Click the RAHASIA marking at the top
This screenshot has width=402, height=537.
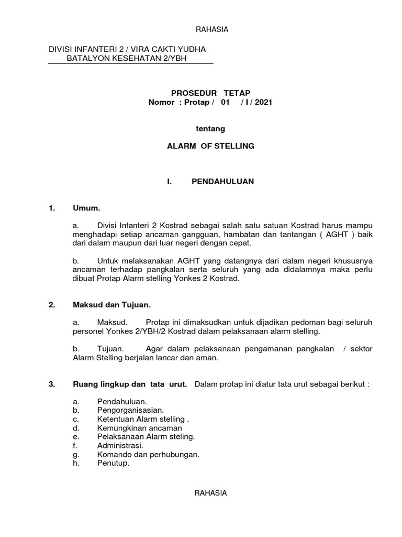[x=212, y=29]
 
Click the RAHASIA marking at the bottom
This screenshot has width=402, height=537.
[x=211, y=493]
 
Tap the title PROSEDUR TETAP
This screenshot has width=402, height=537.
[x=211, y=93]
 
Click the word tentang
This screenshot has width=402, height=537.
[x=210, y=128]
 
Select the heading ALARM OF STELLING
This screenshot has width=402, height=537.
[x=210, y=146]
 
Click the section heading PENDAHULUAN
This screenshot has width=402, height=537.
[x=222, y=181]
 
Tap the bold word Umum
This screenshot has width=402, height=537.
[x=86, y=209]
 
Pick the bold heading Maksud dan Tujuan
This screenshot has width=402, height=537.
[x=112, y=304]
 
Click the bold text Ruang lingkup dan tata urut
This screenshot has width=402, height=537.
[x=130, y=384]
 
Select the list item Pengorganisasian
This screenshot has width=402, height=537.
[x=131, y=410]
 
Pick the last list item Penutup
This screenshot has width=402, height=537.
[x=113, y=464]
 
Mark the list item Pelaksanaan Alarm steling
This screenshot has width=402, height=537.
[x=146, y=437]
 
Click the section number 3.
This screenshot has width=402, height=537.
[x=52, y=384]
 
